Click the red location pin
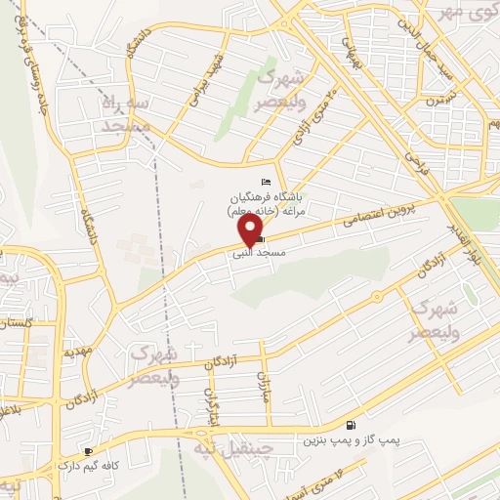pyautogui.click(x=252, y=229)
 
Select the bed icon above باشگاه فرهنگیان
pyautogui.click(x=267, y=182)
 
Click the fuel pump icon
pyautogui.click(x=350, y=425)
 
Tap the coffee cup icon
pyautogui.click(x=89, y=451)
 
